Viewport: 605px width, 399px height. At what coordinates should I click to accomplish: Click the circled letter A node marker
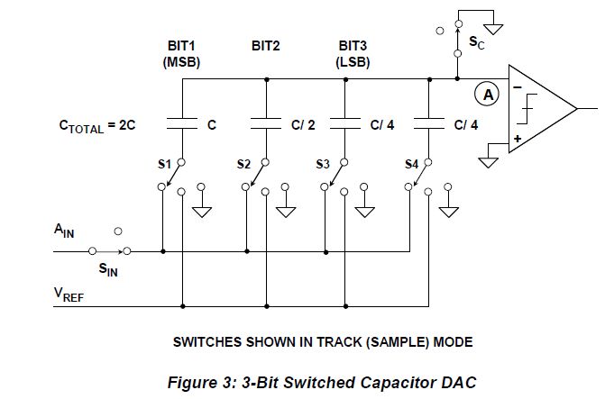(488, 93)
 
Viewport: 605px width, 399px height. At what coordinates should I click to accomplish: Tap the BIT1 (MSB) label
(183, 53)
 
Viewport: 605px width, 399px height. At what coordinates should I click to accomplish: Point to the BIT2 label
(268, 44)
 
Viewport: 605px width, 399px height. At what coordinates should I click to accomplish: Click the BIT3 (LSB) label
(353, 53)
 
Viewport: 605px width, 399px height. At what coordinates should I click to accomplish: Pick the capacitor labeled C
(184, 125)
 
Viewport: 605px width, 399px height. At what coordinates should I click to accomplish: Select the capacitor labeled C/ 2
(266, 125)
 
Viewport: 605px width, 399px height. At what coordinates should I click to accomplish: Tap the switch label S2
(243, 164)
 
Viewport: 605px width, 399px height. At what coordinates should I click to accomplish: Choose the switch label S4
(412, 164)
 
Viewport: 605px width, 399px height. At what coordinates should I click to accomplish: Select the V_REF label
(67, 295)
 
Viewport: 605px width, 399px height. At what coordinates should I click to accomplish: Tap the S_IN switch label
(108, 268)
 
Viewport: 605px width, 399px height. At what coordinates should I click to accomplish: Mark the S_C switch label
(477, 43)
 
